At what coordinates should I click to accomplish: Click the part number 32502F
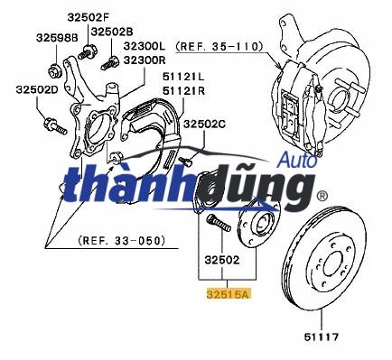point(88,17)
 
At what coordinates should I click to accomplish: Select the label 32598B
point(57,38)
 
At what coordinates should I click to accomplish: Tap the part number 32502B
point(112,32)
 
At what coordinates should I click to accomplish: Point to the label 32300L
point(145,46)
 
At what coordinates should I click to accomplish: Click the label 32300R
point(145,60)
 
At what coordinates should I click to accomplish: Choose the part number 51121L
point(183,77)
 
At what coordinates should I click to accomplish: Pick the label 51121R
point(183,90)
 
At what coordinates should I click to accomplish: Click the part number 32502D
point(37,89)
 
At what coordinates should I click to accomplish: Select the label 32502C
point(204,124)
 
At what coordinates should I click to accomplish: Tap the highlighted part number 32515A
point(229,294)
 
